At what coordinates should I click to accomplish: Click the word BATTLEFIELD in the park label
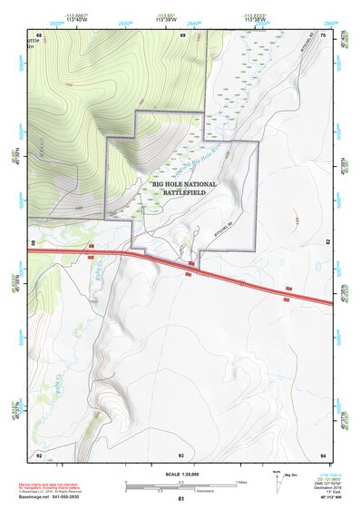185,193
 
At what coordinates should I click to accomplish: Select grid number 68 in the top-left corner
39,35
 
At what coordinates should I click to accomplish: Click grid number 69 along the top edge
182,35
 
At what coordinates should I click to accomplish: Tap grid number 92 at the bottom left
39,455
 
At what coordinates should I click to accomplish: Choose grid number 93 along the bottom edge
181,455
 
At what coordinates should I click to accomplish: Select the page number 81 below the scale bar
181,500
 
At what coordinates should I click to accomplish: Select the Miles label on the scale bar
240,482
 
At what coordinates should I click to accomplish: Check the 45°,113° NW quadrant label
324,499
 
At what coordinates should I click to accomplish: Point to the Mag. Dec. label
292,475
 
